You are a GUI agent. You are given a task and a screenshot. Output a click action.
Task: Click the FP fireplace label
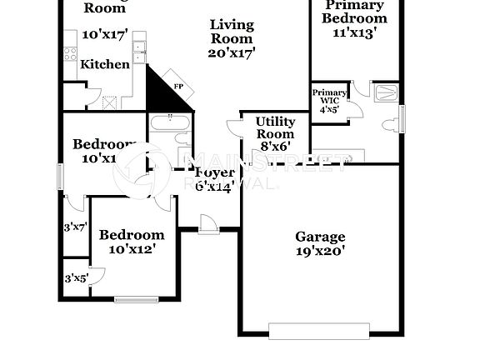(177, 86)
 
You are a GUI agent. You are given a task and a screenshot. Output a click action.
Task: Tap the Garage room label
(320, 237)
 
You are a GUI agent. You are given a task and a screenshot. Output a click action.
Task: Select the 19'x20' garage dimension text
(320, 250)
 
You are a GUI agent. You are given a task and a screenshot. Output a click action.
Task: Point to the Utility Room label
(275, 127)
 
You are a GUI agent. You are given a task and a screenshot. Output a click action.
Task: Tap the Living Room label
(231, 32)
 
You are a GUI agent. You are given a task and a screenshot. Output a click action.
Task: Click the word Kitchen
(104, 64)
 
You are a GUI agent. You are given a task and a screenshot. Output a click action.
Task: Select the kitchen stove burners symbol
(70, 53)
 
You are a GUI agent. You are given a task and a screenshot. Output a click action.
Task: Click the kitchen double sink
(139, 49)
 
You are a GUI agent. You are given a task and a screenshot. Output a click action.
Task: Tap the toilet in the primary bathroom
(389, 125)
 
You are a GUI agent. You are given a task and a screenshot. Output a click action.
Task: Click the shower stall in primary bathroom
(387, 92)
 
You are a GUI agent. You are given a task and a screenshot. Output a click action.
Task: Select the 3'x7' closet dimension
(75, 227)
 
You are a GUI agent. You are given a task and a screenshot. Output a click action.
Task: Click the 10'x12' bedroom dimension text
(132, 248)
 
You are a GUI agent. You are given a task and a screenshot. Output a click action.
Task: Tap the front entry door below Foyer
(208, 226)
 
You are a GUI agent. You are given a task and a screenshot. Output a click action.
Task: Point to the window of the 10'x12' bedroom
(137, 298)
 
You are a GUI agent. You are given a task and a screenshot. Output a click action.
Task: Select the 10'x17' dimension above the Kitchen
(104, 35)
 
